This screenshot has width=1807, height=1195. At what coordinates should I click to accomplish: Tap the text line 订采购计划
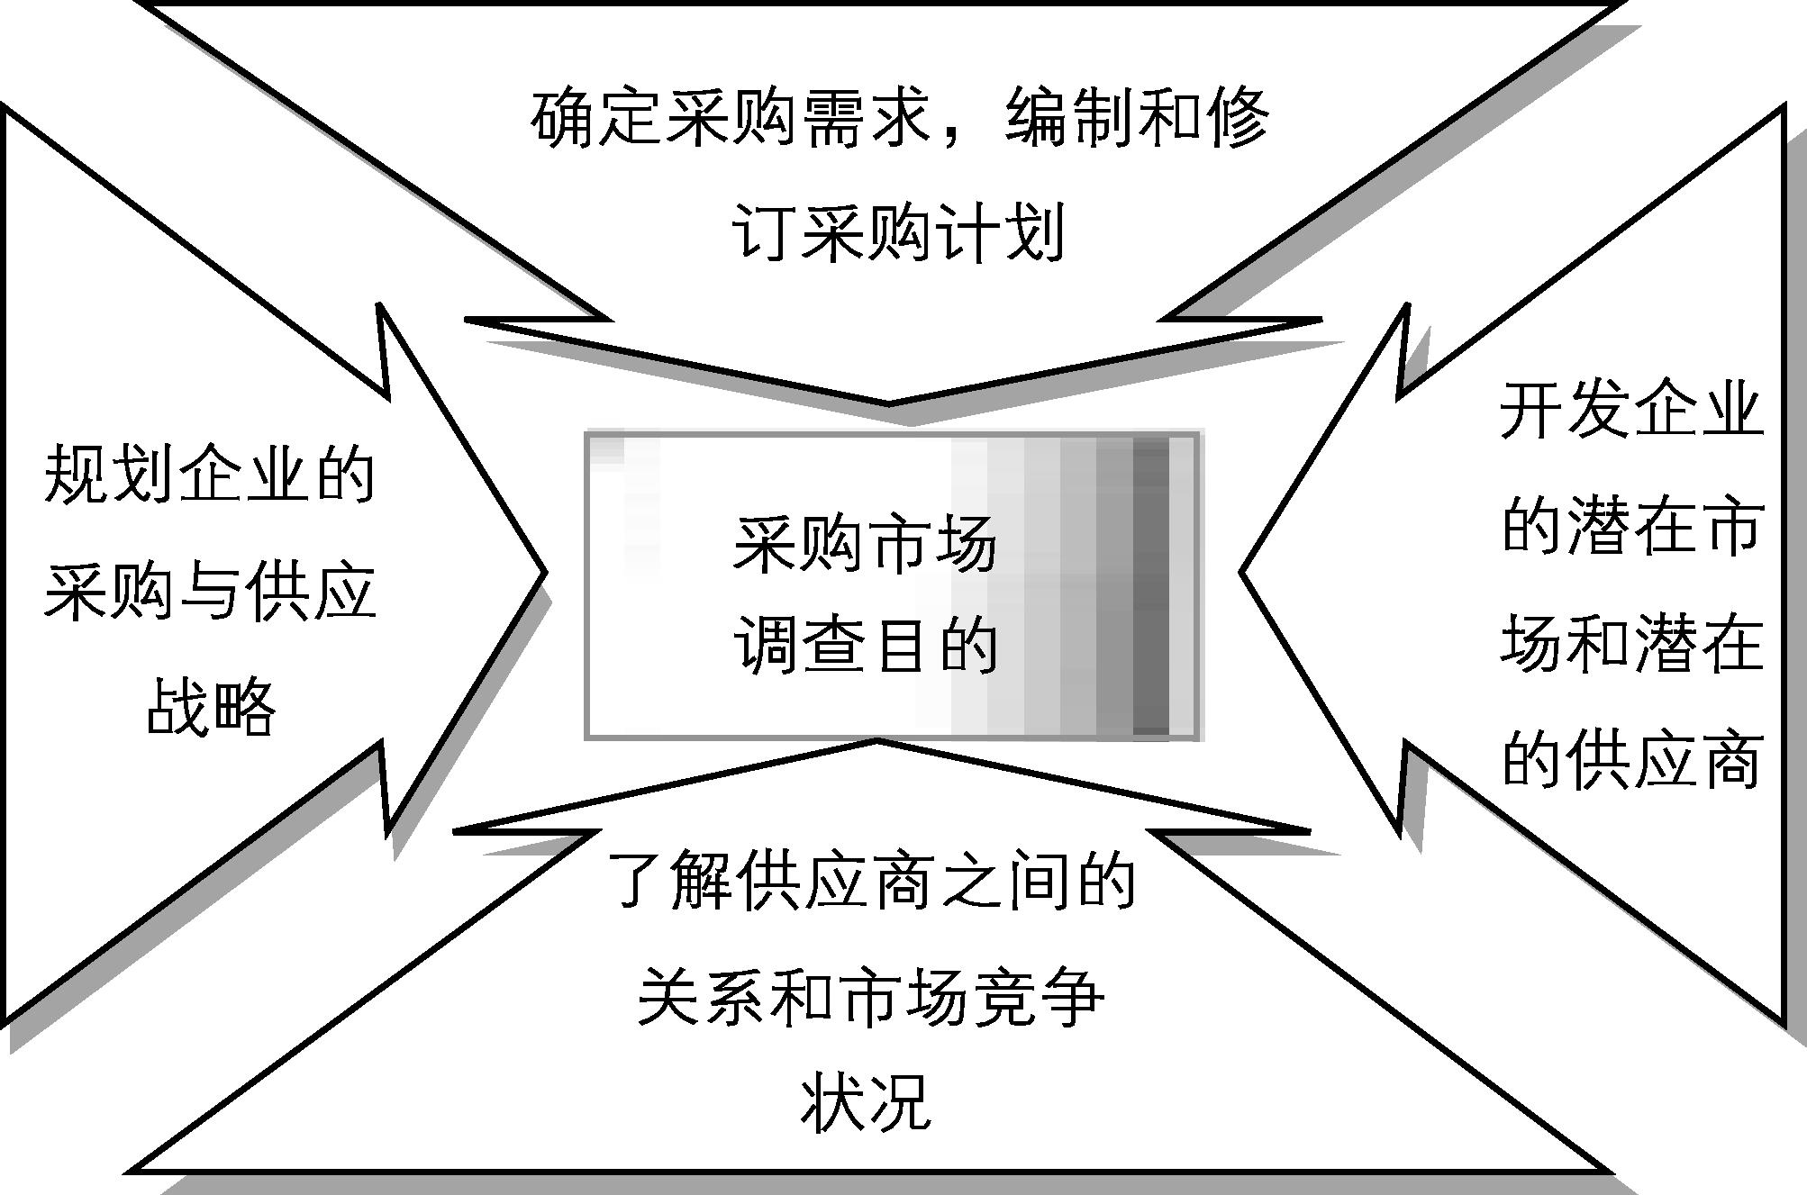pos(899,232)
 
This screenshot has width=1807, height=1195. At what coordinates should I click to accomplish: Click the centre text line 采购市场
pos(865,544)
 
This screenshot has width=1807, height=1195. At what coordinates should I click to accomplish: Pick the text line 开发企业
pos(1631,410)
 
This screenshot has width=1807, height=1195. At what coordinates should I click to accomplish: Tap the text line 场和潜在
pos(1631,642)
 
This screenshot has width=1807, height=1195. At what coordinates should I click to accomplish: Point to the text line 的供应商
pos(1631,759)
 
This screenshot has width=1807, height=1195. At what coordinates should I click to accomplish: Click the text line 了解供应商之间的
pos(870,880)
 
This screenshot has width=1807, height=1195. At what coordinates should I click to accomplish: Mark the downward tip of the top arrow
pos(889,402)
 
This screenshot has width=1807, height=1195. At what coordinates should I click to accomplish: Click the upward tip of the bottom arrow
pos(876,742)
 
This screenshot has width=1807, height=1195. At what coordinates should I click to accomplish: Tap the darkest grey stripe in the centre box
pos(1149,585)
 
